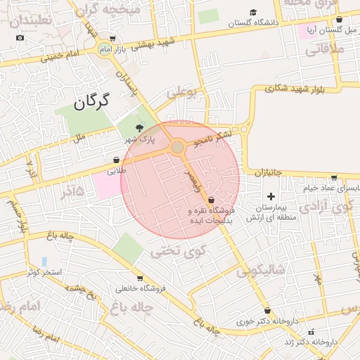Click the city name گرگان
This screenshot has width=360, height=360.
pyautogui.click(x=92, y=103)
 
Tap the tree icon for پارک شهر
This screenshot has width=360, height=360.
pyautogui.click(x=140, y=128)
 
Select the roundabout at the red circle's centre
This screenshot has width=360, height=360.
pyautogui.click(x=178, y=147)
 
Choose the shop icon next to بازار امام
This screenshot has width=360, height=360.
pyautogui.click(x=112, y=39)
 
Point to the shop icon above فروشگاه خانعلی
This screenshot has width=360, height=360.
pyautogui.click(x=140, y=278)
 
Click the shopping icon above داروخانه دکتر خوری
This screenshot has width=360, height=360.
pyautogui.click(x=267, y=310)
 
